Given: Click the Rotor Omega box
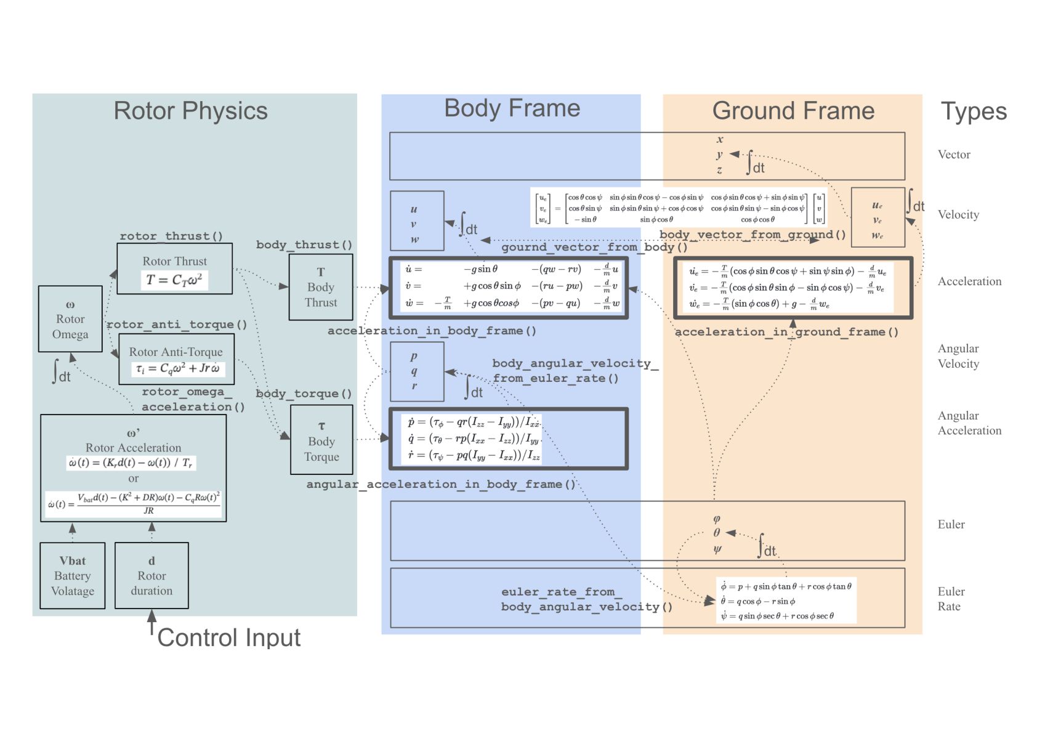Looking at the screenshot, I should pos(70,319).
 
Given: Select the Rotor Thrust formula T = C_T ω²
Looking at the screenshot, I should pos(174,280).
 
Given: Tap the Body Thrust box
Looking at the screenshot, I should pos(321,287).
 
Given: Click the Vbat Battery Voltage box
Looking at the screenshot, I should pos(73,575).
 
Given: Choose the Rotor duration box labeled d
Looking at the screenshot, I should pos(151,575).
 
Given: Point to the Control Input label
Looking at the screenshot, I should pos(228,638).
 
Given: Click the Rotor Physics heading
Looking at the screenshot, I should pos(190,111).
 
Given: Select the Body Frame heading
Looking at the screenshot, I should pos(512,108).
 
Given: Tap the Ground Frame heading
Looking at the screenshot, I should pos(793,111).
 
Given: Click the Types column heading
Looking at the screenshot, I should pos(974,111).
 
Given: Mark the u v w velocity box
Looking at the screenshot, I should pos(417,221).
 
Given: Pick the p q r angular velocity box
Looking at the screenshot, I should pos(417,371).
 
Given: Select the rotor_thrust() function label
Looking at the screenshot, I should pos(171,236).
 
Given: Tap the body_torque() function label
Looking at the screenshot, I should pos(304,394).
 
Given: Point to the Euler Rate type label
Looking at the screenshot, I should pos(951,599).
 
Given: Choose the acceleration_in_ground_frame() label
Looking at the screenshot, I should pos(786,332).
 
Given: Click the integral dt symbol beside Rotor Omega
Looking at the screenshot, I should pos(62,372).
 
